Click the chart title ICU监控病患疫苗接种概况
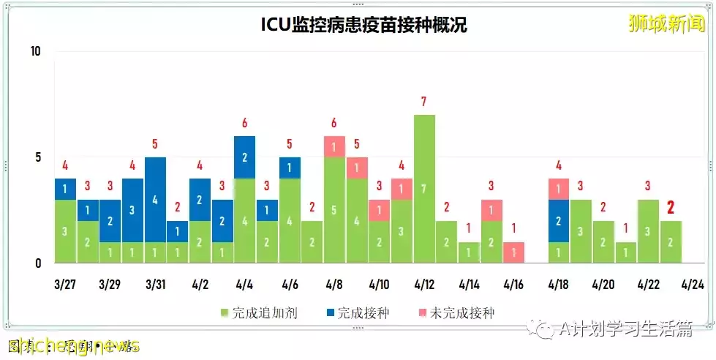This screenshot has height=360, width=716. tap(363, 25)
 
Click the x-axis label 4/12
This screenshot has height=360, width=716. tap(424, 283)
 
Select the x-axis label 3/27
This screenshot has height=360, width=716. tap(65, 283)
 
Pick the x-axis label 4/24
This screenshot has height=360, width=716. tap(693, 283)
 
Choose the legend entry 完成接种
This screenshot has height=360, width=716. tap(358, 313)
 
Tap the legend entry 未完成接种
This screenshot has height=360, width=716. tap(461, 313)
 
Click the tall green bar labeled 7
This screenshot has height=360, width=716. tap(424, 189)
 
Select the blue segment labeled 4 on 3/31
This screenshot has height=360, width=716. tap(155, 199)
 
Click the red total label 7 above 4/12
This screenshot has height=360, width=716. tap(424, 102)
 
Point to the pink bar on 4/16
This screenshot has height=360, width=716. tap(513, 252)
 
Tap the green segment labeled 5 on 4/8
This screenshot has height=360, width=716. tap(334, 210)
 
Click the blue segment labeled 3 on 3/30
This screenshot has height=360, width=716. tap(132, 210)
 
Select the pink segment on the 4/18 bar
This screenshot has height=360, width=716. tap(558, 189)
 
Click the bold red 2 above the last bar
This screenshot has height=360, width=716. tap(670, 208)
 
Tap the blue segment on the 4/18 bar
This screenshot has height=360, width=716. tap(558, 220)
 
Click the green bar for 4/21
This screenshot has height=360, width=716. tap(625, 252)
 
